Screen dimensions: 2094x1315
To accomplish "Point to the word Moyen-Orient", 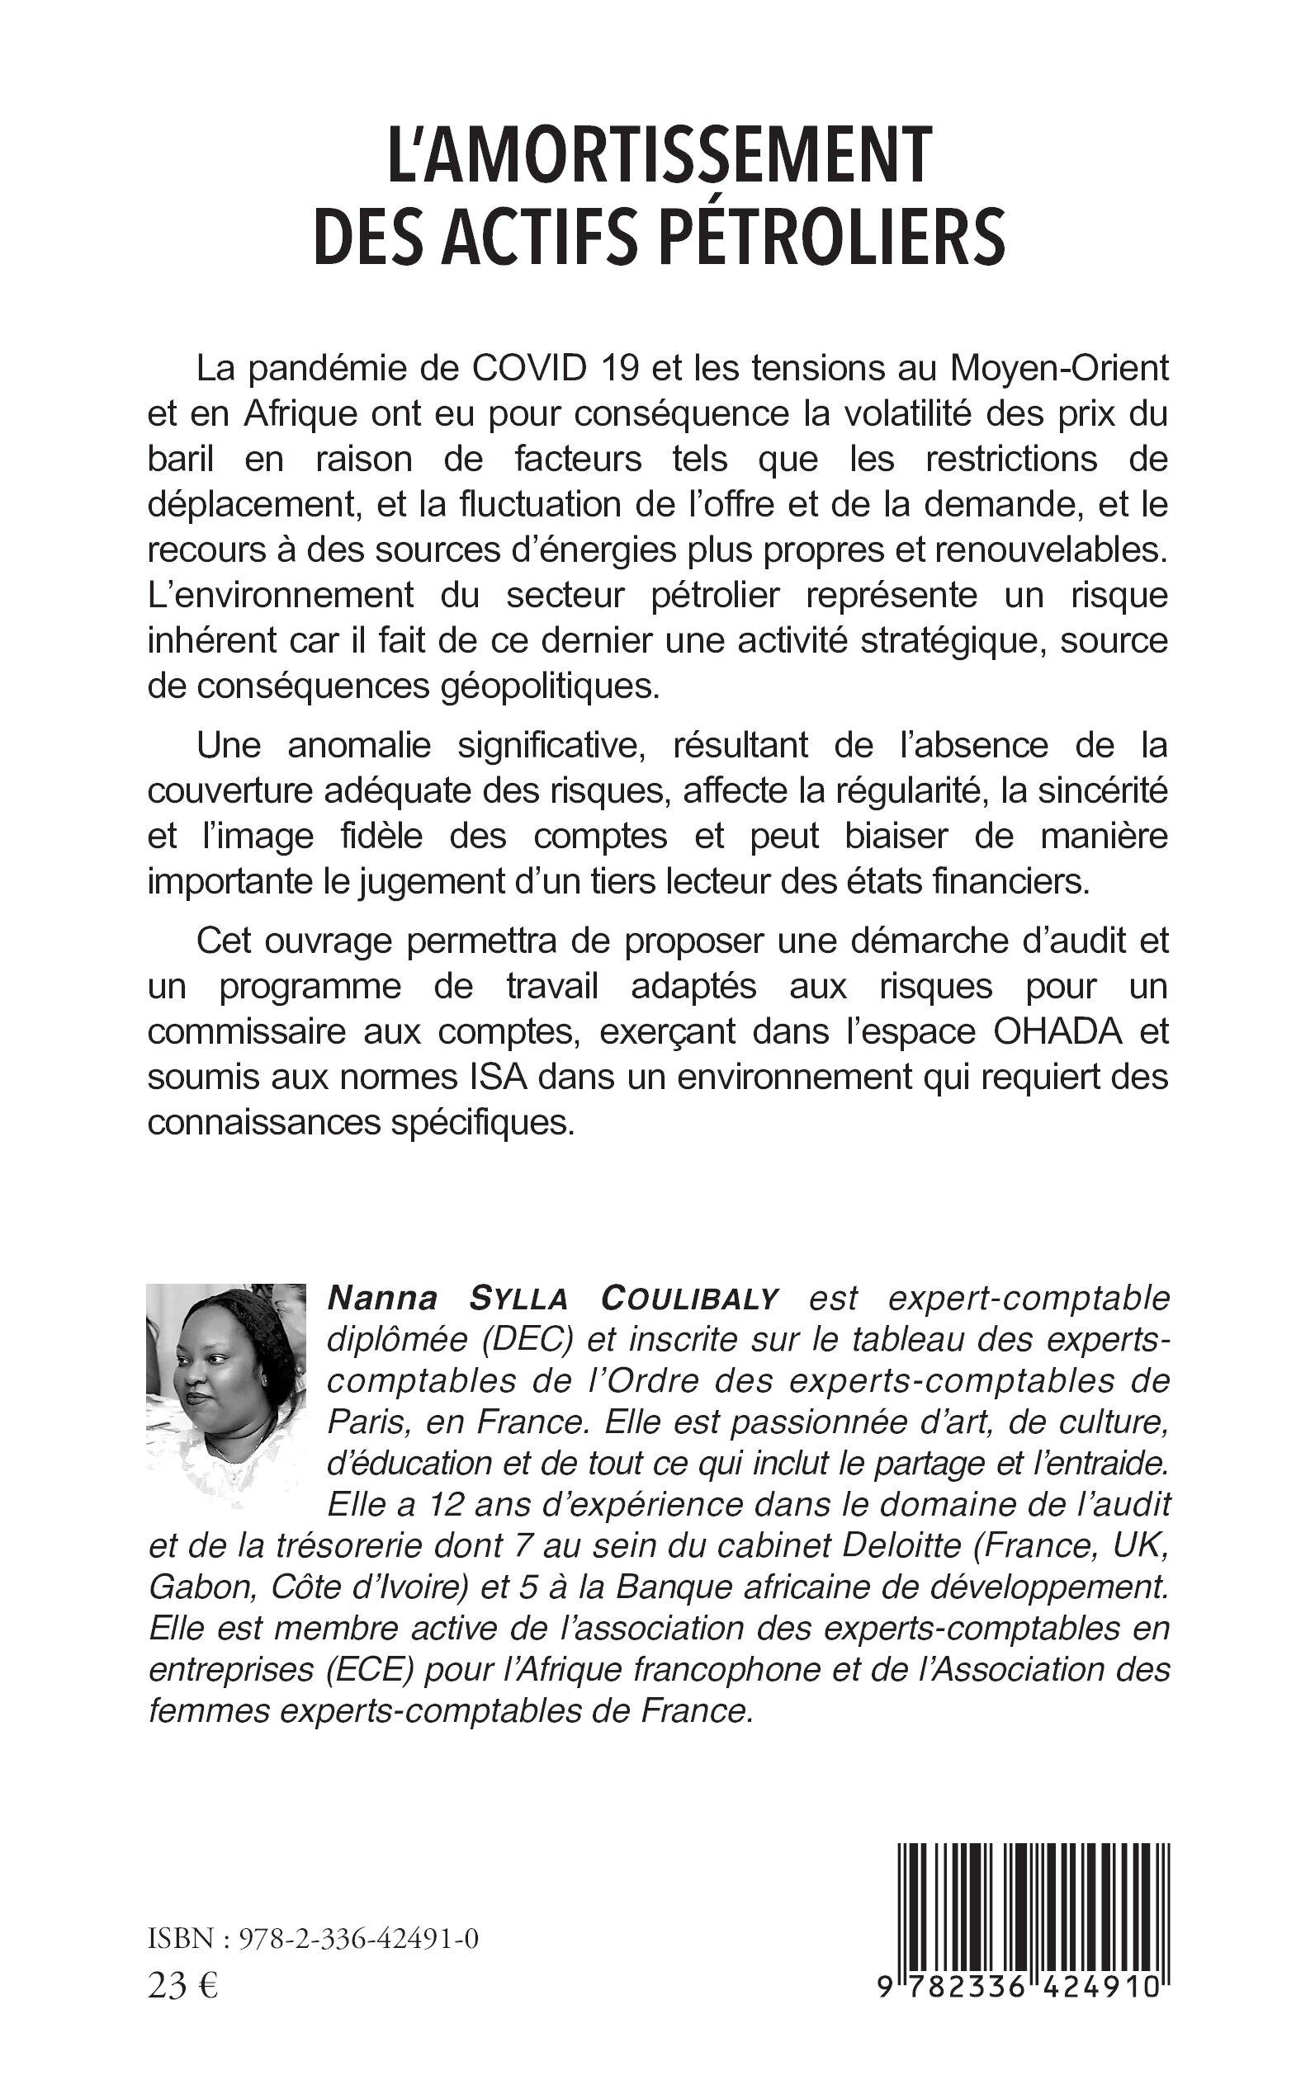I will point(1058,369).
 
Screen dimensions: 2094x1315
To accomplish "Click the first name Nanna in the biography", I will point(382,1299).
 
